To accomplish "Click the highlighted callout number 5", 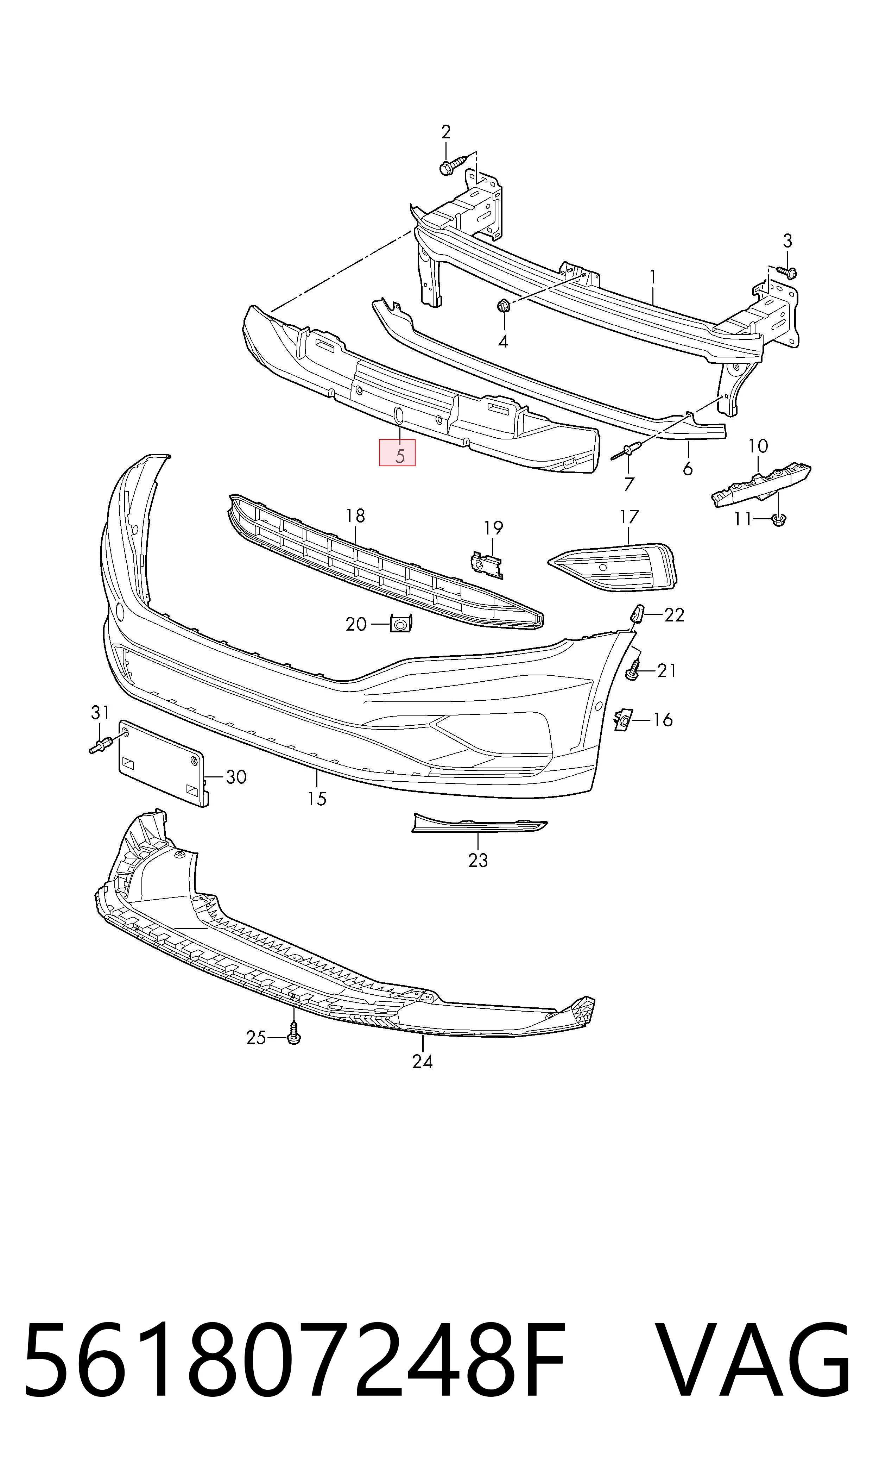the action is pyautogui.click(x=400, y=456).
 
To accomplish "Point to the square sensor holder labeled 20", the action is pyautogui.click(x=401, y=623).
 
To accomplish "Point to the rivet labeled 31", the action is pyautogui.click(x=102, y=747).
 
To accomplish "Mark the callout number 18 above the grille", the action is pyautogui.click(x=355, y=516).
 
